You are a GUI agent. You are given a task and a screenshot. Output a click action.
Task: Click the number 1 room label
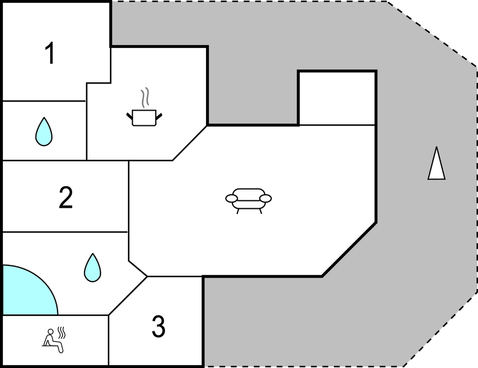(50, 53)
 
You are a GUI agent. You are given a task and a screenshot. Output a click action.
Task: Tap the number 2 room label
(65, 198)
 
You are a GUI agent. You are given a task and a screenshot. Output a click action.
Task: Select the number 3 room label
(159, 326)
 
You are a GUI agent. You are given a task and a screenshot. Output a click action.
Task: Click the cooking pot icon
(144, 118)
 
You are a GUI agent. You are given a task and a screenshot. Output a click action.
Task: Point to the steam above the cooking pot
(145, 97)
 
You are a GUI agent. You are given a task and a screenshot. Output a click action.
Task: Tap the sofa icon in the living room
(248, 200)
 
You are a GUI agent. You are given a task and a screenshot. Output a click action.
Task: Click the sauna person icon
(54, 340)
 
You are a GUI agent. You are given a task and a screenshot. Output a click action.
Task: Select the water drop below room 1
(44, 132)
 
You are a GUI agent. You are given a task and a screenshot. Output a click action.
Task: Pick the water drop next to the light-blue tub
(93, 268)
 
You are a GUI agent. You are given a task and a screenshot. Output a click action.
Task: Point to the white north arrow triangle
(437, 163)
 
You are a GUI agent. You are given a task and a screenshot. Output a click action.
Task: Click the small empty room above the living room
(337, 98)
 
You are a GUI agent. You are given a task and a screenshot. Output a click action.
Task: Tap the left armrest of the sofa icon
(232, 199)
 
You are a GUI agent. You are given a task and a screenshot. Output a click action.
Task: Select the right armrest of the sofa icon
(265, 199)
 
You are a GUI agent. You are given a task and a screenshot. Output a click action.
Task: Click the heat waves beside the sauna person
(62, 333)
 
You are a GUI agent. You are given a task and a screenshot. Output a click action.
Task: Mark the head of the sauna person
(51, 332)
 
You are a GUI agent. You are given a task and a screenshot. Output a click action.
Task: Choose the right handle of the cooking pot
(159, 116)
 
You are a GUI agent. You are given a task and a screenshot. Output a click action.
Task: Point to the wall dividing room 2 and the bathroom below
(65, 232)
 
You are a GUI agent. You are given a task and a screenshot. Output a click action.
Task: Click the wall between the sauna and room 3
(108, 340)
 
